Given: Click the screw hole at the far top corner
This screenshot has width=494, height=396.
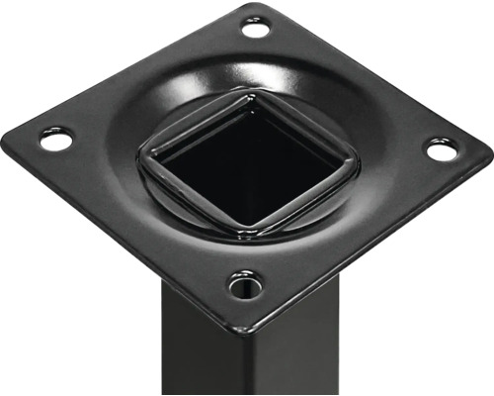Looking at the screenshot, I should coord(255,28).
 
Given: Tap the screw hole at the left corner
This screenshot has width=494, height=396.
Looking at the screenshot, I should coord(55,140).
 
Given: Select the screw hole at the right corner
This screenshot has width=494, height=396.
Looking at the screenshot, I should coord(442,150).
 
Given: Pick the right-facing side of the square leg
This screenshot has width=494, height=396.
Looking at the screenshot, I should coord(287,346).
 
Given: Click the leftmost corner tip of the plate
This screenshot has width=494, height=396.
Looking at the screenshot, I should coord(5,134).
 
